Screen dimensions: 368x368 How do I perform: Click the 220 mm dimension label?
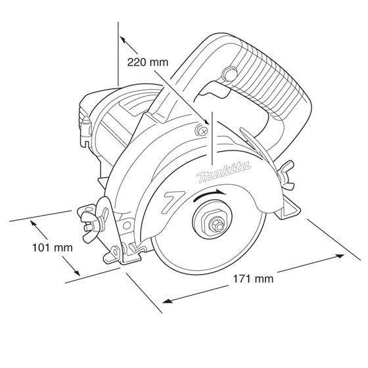coord(148,62)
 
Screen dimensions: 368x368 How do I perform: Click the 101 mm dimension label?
coord(53,248)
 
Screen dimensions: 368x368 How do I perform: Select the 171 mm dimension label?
coord(253,279)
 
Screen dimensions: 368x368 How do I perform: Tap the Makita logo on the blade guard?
coord(223,172)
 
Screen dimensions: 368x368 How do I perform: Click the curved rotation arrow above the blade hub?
coord(210,195)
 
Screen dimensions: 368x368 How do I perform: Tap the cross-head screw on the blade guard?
coord(201,131)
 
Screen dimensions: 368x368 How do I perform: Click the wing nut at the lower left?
coord(91,224)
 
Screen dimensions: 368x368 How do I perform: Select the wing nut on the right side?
coord(286,173)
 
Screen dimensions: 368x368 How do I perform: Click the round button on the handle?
coord(229,74)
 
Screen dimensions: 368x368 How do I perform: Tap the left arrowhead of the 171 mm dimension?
coord(167,301)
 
